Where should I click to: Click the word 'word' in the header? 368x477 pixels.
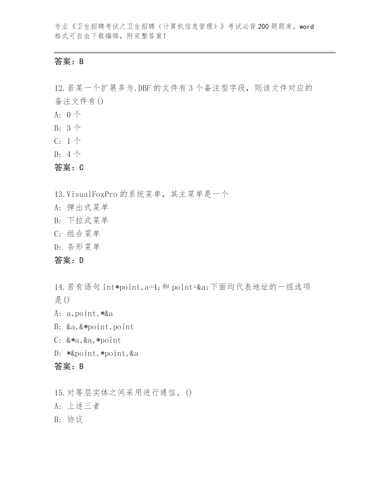click(x=307, y=27)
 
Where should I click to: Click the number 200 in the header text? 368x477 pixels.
click(x=263, y=27)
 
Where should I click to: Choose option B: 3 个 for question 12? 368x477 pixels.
click(x=68, y=128)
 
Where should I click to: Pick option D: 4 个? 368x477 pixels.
click(x=68, y=154)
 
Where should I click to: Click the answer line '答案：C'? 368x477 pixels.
click(x=69, y=167)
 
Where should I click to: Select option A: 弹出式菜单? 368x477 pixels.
click(x=81, y=207)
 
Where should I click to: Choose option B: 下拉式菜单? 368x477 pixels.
click(x=81, y=220)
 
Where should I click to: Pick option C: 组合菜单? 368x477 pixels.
click(x=77, y=234)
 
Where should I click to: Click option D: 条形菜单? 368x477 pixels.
click(x=77, y=247)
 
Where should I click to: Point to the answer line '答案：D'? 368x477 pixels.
click(x=69, y=260)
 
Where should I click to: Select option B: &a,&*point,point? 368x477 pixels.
click(x=94, y=327)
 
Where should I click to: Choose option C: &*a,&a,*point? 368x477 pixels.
click(x=87, y=340)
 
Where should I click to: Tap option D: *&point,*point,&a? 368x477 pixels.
click(x=96, y=354)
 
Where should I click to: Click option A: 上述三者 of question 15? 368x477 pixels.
click(x=77, y=406)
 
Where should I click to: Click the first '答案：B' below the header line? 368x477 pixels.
click(x=69, y=61)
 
